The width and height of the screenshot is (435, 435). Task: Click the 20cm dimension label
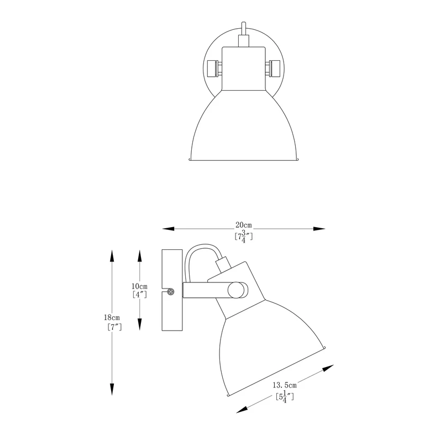click(x=243, y=225)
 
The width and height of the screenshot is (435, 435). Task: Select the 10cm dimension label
click(x=139, y=286)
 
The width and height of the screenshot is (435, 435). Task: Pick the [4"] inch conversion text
click(x=139, y=295)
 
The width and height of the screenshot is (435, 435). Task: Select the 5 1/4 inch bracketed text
click(x=284, y=396)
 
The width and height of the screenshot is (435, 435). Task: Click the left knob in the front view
click(x=212, y=69)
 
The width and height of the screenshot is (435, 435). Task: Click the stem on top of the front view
click(x=242, y=30)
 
